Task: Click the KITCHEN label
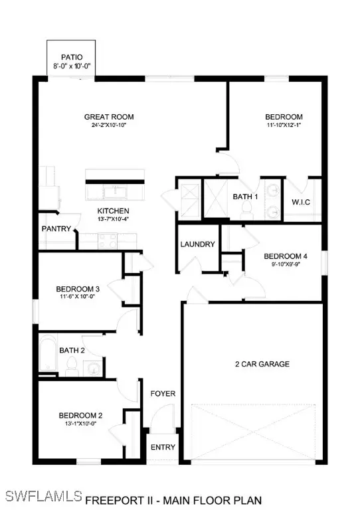tap(108, 212)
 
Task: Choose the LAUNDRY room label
tap(197, 244)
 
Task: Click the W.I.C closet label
tap(302, 202)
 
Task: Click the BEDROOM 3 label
tap(78, 289)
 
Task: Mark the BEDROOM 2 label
tap(77, 416)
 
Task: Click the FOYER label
tap(162, 393)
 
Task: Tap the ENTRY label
tap(162, 447)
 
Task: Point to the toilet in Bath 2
tap(70, 364)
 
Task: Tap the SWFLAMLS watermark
tap(42, 496)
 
